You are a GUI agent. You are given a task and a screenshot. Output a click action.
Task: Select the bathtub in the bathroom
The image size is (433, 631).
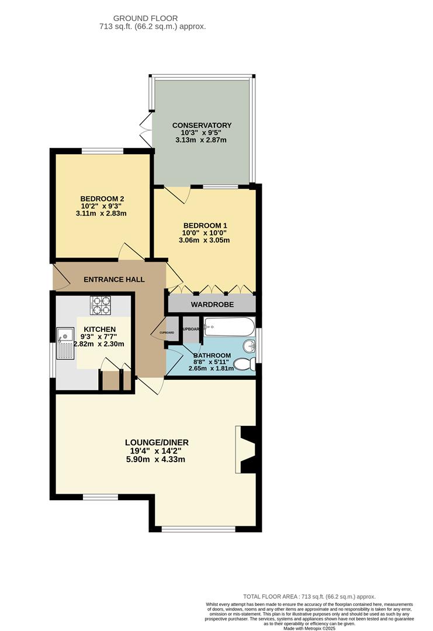pyautogui.click(x=228, y=327)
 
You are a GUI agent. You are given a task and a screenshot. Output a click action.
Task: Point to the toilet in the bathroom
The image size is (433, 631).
pyautogui.click(x=244, y=365)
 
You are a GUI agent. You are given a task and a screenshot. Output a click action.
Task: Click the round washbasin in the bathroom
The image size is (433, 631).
pyautogui.click(x=250, y=346)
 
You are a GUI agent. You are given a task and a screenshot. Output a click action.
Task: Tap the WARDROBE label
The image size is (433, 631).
pyautogui.click(x=212, y=304)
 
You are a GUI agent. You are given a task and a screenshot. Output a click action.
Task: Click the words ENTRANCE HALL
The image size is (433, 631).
pyautogui.click(x=114, y=280)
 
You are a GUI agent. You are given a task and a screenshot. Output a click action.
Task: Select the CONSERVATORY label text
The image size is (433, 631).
pyautogui.click(x=202, y=125)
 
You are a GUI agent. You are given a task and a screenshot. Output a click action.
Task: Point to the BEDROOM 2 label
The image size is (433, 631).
pyautogui.click(x=102, y=199)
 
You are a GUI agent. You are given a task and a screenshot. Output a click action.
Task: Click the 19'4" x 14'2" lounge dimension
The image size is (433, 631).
pyautogui.click(x=156, y=450)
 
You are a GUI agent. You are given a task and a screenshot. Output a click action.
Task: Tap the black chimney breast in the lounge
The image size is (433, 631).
pyautogui.click(x=248, y=449)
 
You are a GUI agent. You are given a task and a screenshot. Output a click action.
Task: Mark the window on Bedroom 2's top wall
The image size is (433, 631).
pyautogui.click(x=102, y=152)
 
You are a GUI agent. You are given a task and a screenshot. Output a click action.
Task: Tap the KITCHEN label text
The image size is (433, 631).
pyautogui.click(x=99, y=330)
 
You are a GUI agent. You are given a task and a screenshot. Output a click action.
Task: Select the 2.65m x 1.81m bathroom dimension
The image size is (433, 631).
pyautogui.click(x=211, y=368)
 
